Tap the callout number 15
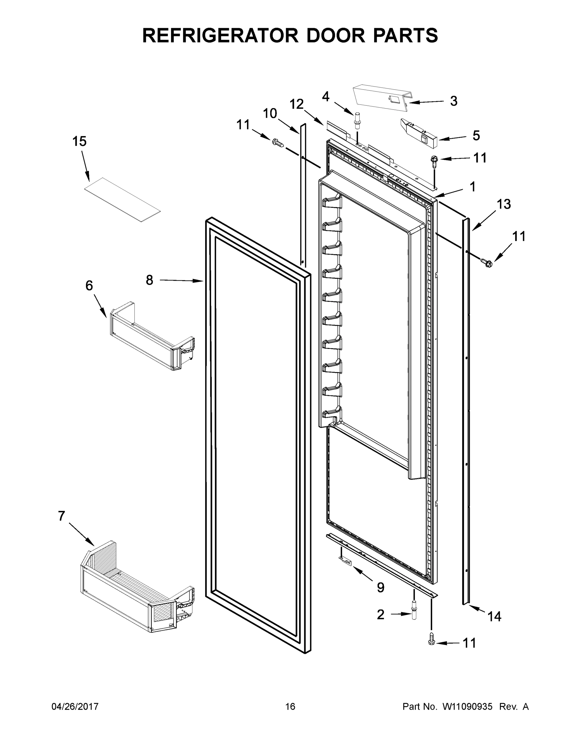point(79,141)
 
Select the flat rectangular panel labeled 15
point(123,199)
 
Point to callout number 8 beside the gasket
point(149,280)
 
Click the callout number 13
point(504,204)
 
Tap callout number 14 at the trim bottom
point(494,616)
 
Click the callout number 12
point(296,104)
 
